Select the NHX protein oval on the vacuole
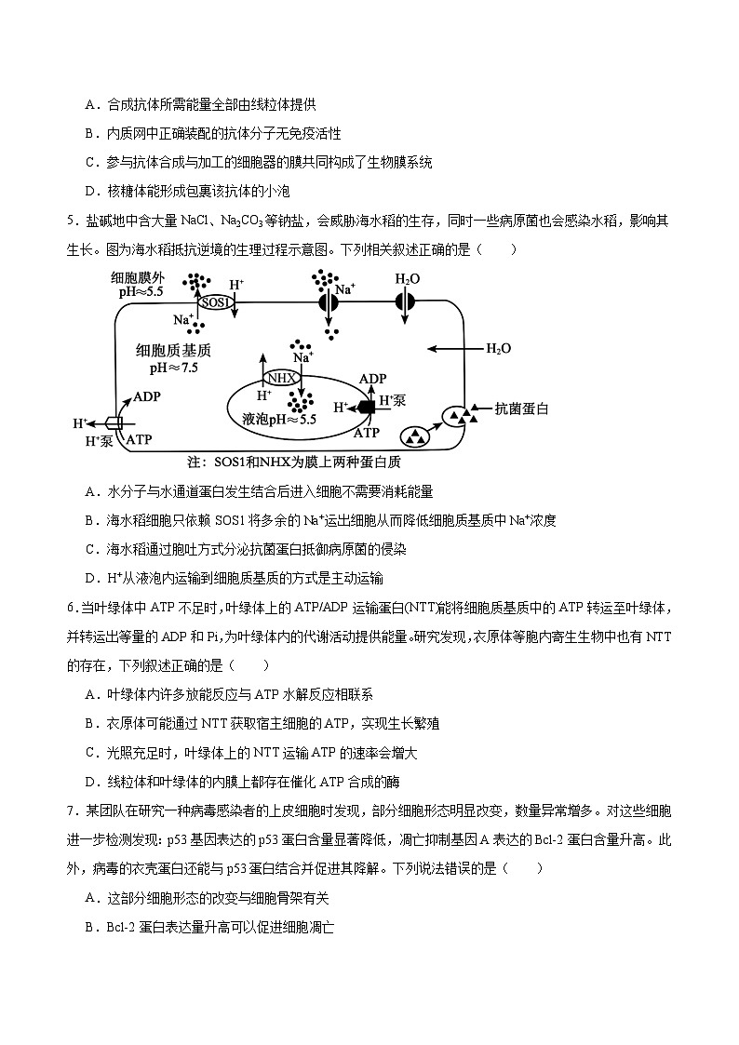coord(281,377)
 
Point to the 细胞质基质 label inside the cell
coord(174,350)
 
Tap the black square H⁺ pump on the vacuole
coord(367,407)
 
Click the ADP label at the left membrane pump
coord(147,395)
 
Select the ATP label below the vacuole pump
coord(368,432)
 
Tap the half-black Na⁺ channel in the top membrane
coord(327,302)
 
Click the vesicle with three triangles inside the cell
coord(414,435)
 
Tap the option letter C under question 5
coord(90,549)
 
